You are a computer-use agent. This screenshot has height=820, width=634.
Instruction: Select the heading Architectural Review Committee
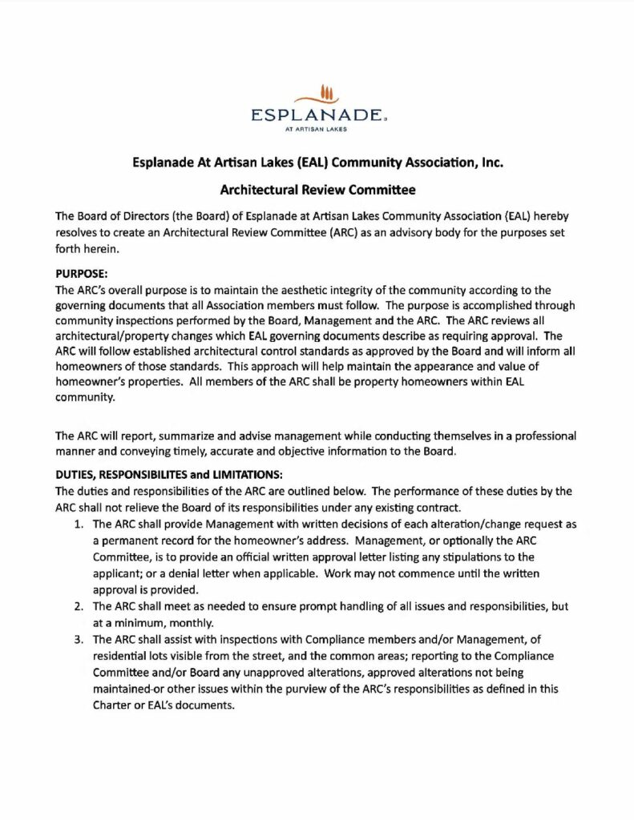coord(316,191)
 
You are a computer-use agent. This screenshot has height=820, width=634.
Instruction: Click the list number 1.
coord(78,525)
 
